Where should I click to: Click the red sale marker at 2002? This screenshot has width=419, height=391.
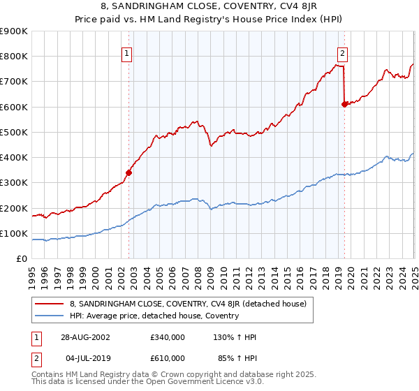(x=129, y=172)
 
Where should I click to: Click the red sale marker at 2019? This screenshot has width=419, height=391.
(x=344, y=104)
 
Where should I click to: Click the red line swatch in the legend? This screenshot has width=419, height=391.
(x=49, y=304)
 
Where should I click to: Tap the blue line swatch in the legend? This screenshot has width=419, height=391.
(x=49, y=316)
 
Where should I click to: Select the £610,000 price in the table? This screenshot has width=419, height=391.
(x=168, y=357)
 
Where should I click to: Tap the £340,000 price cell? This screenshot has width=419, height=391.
(x=168, y=337)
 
